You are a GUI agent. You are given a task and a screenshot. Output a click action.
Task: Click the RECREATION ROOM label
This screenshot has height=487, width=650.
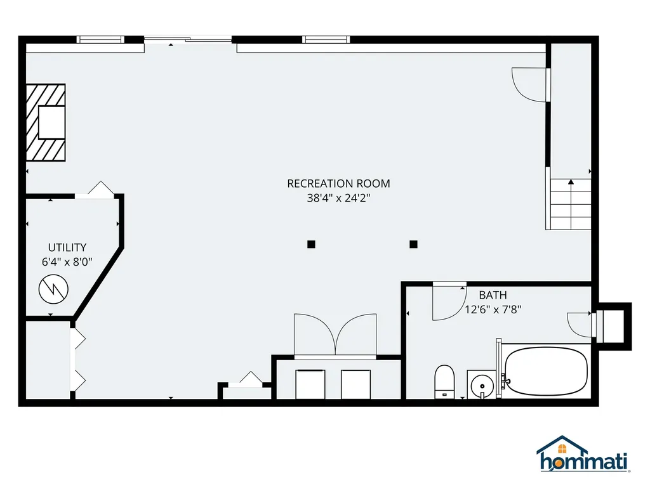click(x=338, y=183)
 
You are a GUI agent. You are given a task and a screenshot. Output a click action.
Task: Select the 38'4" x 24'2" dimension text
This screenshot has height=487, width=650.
click(x=338, y=198)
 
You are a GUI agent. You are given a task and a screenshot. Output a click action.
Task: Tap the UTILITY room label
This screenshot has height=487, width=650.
click(x=67, y=247)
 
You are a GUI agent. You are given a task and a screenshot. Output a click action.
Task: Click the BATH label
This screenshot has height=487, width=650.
click(x=493, y=295)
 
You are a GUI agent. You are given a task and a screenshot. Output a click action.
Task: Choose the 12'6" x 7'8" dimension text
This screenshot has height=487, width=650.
click(x=493, y=309)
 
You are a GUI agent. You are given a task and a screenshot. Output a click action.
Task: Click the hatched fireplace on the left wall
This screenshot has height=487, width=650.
click(x=46, y=122)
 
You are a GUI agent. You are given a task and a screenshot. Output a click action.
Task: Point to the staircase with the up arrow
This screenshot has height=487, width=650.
click(x=570, y=204)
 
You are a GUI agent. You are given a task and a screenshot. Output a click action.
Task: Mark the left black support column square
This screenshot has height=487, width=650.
click(x=311, y=244)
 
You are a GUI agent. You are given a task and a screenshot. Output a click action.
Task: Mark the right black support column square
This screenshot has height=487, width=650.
click(x=413, y=244)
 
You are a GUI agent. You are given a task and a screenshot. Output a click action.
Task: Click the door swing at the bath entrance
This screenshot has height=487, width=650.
click(x=448, y=301)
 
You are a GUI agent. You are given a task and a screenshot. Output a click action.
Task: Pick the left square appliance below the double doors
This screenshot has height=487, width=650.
click(x=310, y=383)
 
